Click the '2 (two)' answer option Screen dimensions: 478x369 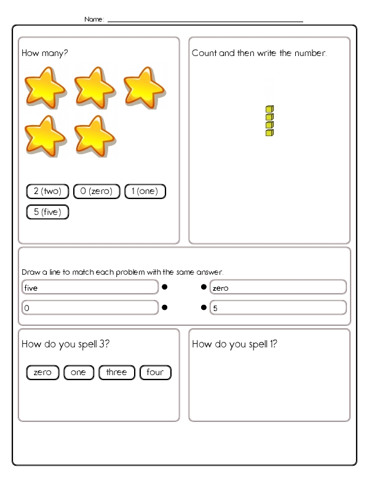[47, 192]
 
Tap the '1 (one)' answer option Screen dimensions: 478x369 [145, 192]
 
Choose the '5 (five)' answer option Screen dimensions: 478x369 [47, 212]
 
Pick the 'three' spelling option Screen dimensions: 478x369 [116, 373]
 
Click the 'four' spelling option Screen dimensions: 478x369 [155, 373]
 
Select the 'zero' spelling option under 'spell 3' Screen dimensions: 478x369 [42, 373]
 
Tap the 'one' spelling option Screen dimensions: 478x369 [78, 373]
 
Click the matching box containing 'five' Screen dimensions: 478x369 [90, 287]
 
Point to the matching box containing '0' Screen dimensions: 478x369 [90, 307]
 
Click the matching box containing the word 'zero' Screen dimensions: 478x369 [278, 287]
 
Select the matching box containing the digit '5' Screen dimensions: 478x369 [278, 307]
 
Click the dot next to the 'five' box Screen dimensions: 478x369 [164, 287]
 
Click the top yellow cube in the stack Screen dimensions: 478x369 [269, 109]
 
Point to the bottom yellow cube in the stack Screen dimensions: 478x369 [269, 132]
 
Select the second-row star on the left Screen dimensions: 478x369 [45, 135]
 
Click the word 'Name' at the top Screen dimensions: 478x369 [94, 19]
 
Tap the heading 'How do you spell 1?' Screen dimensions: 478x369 [234, 344]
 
